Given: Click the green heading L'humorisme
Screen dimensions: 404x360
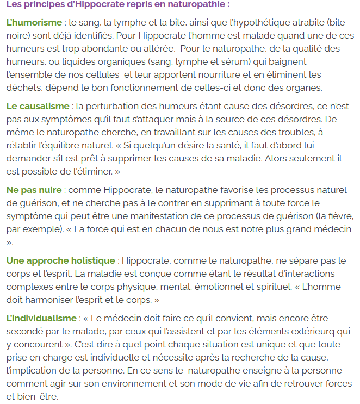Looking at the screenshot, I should click(33, 23).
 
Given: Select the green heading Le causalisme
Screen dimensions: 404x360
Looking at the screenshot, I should click(38, 106).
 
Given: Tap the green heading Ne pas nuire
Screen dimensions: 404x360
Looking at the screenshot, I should click(34, 190).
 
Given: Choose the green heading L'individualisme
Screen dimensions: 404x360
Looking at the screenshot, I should click(42, 318).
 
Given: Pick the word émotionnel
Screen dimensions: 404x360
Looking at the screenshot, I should click(218, 287).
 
